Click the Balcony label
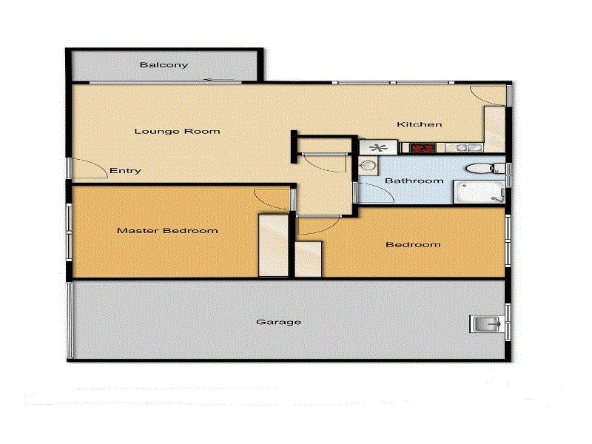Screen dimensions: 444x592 tap(164, 65)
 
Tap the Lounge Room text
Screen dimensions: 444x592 tap(177, 132)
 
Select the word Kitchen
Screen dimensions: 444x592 tap(420, 124)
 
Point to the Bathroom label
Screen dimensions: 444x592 tap(414, 181)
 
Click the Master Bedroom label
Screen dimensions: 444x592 tap(167, 230)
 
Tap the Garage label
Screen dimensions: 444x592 tap(278, 322)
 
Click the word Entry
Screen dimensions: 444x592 tap(125, 171)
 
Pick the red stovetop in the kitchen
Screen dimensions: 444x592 tap(422, 148)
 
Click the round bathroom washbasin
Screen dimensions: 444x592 tap(368, 167)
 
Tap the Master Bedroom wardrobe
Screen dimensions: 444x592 tap(272, 245)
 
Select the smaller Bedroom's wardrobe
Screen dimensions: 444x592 tap(309, 258)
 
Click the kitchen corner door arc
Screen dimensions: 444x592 tap(488, 95)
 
